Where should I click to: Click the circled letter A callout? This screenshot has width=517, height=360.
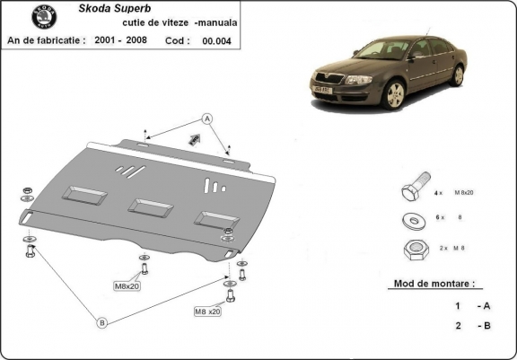[206, 119]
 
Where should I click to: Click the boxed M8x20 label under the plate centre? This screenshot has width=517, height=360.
[127, 286]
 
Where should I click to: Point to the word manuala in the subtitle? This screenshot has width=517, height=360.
[228, 23]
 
